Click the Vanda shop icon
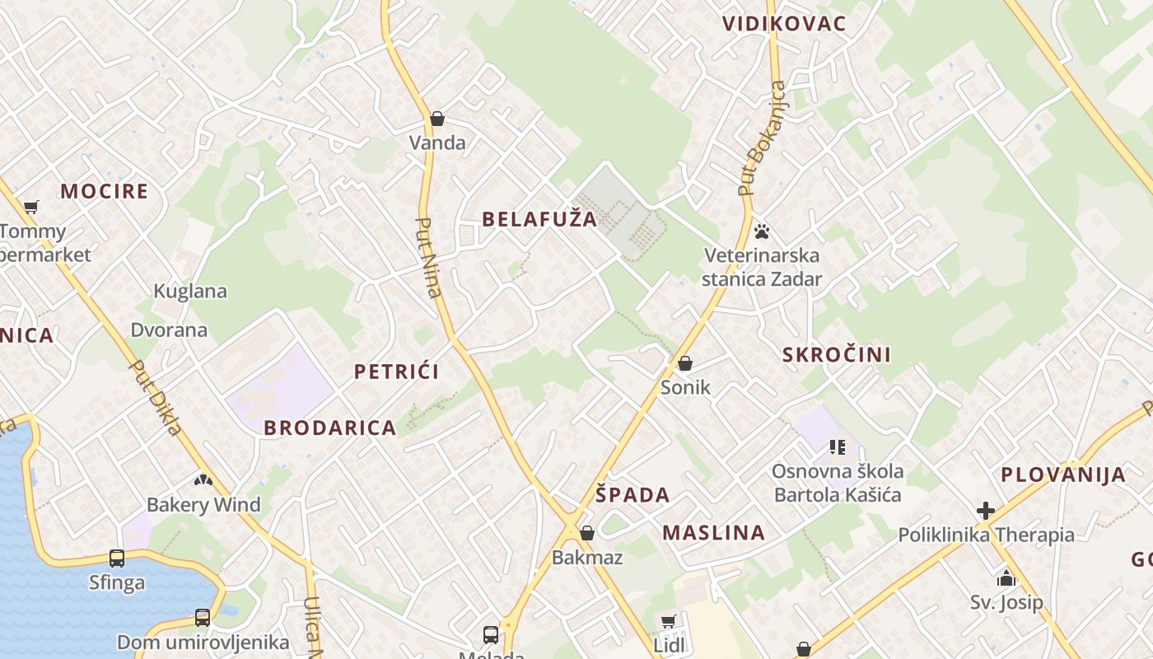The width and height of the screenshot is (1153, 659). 437,119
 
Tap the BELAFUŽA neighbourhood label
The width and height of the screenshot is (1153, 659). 539,219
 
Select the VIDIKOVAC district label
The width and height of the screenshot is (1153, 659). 784,23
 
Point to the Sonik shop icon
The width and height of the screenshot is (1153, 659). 685,363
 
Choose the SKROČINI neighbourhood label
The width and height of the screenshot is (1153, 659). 837,355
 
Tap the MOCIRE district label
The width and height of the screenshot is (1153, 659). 105,192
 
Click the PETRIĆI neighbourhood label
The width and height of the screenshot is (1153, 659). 397,372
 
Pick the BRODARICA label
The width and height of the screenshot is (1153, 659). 330,428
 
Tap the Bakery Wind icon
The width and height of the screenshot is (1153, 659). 203,479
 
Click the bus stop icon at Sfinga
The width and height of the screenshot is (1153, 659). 117,559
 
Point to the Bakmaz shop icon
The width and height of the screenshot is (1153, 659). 587,534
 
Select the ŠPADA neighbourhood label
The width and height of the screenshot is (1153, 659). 633,496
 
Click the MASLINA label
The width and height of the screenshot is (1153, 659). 714,533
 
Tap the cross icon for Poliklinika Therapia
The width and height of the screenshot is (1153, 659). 986,511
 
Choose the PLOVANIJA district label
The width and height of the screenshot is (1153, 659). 1063,475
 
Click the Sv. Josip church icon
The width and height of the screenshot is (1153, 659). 1006,578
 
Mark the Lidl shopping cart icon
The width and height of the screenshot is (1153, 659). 669,621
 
